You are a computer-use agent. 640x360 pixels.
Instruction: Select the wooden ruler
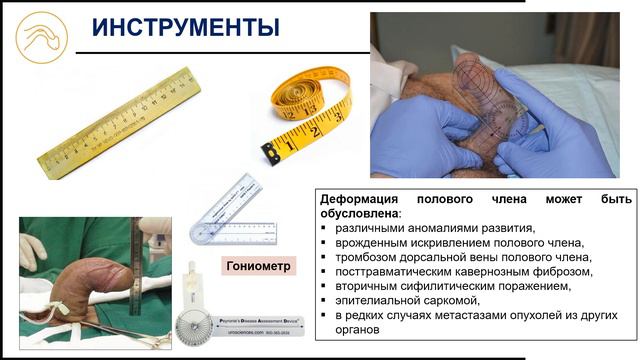(x=119, y=122)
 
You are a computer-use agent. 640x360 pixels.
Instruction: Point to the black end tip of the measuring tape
(x=270, y=152)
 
